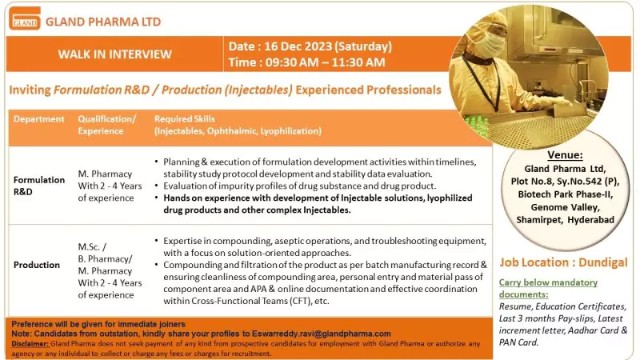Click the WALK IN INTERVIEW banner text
click(x=114, y=54)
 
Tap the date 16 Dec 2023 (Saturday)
click(x=310, y=46)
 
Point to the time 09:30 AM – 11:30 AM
click(x=307, y=62)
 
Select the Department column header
click(x=38, y=119)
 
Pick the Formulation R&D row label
click(x=38, y=186)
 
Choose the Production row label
click(x=37, y=265)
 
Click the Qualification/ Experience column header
click(x=106, y=124)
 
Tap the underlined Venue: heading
click(x=565, y=154)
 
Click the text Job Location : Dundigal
click(x=563, y=262)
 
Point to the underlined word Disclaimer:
click(x=30, y=343)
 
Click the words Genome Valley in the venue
click(x=565, y=207)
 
